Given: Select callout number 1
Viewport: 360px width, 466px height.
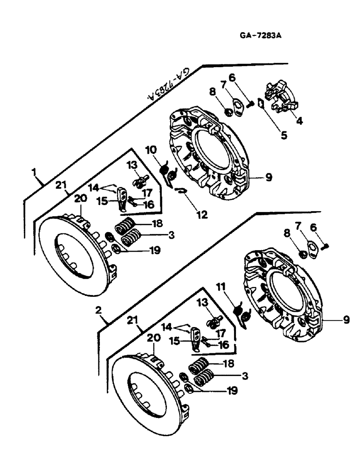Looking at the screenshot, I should coord(34,172).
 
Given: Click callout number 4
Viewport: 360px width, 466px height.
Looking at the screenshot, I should coord(299,121).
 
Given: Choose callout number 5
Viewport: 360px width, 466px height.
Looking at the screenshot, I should coord(284,137).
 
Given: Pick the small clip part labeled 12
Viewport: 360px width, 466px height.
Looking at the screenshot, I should coord(180,188).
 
